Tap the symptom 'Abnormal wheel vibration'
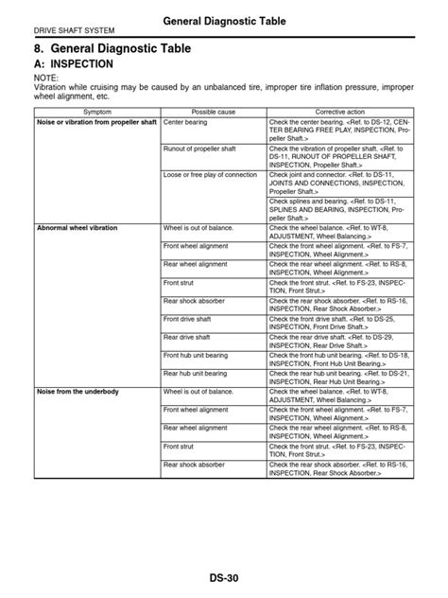click(x=75, y=229)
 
